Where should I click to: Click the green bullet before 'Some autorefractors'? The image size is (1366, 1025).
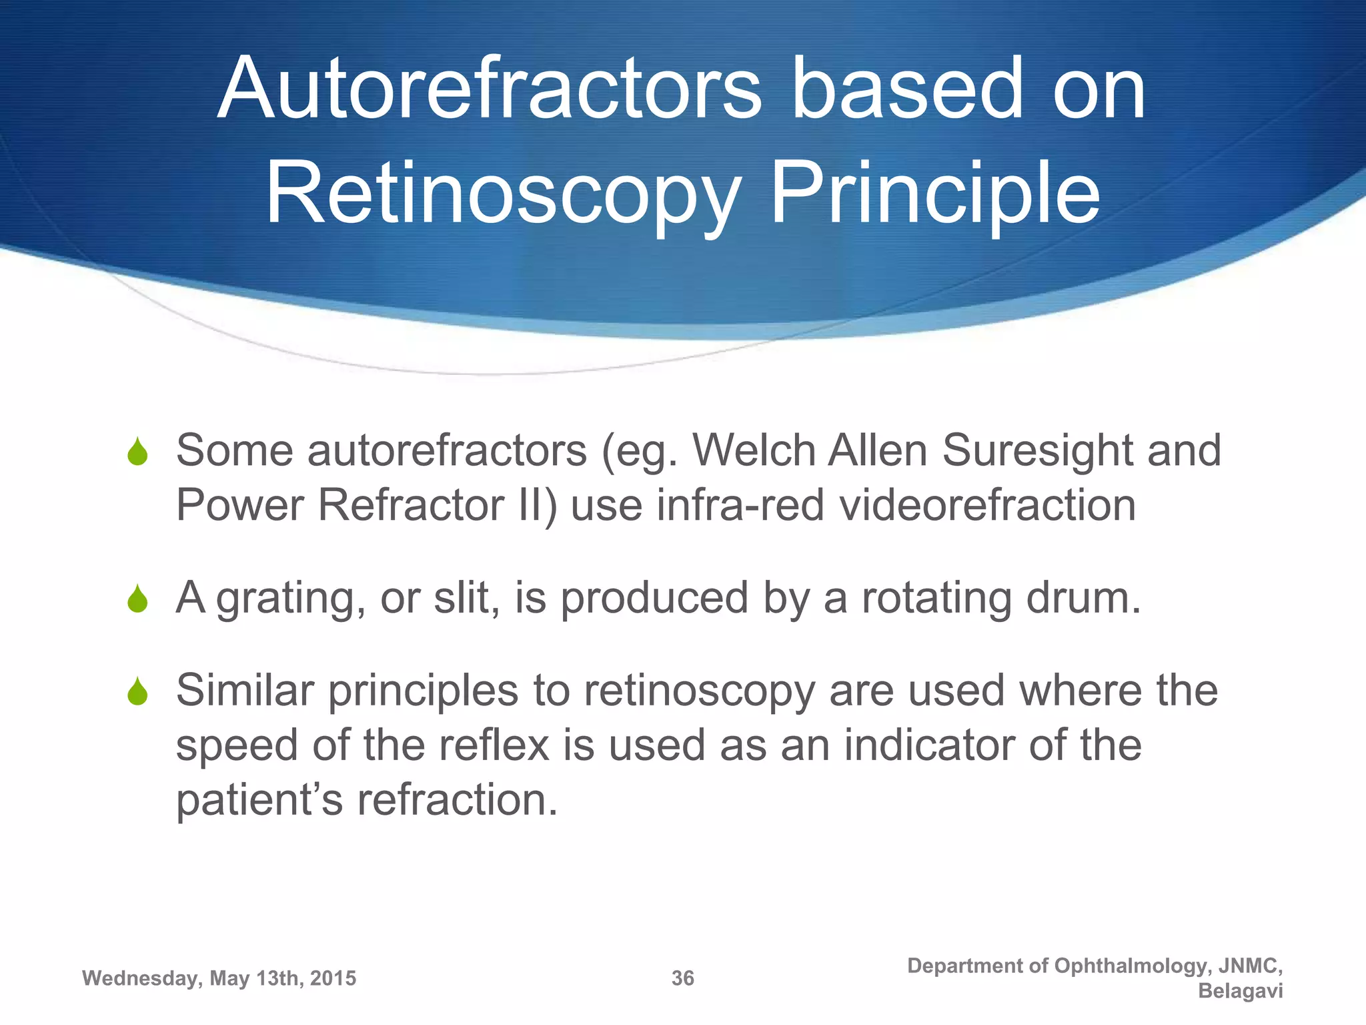[x=137, y=452]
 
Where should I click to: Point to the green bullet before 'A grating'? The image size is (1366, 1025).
[x=137, y=599]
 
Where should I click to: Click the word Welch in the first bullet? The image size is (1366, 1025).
[x=754, y=450]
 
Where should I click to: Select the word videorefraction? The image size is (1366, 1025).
[x=987, y=505]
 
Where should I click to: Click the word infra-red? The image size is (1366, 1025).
[x=740, y=505]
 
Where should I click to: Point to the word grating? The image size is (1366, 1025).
[x=290, y=599]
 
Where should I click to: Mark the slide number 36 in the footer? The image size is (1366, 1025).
[x=682, y=978]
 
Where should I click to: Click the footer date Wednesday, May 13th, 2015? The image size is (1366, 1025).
[x=219, y=978]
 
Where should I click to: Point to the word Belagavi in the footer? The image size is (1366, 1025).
[x=1240, y=991]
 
